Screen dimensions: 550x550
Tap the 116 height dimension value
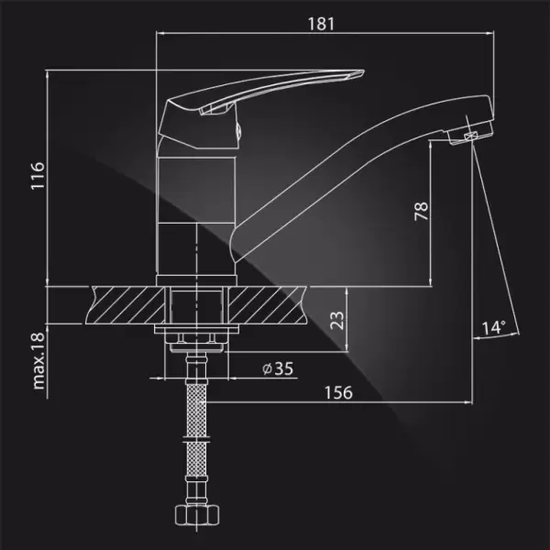click(37, 177)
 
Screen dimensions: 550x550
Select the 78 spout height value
click(421, 212)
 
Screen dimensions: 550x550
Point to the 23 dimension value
click(336, 320)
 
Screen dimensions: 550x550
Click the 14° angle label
click(493, 327)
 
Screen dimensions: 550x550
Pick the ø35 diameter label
click(277, 369)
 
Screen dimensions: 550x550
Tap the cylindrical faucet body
click(198, 211)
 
